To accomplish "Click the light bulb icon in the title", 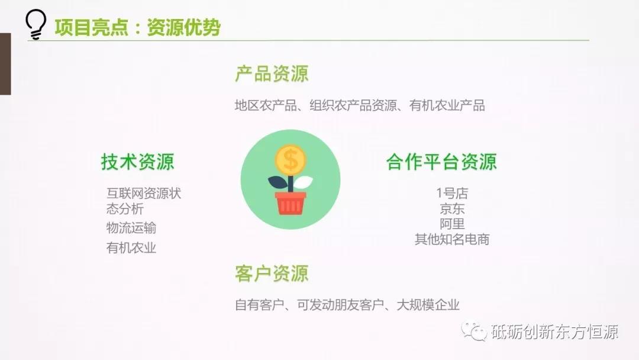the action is [x=35, y=24].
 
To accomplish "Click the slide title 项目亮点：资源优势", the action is [x=138, y=27].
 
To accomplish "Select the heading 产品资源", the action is [x=272, y=74].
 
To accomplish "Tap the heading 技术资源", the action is [x=138, y=162].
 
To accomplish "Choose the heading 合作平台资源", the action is [x=441, y=162].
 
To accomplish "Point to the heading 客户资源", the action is [x=272, y=274].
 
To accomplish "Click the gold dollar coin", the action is [x=291, y=159].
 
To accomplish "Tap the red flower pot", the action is [x=291, y=203].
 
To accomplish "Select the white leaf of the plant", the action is [x=303, y=182].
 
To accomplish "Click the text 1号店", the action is [x=452, y=193].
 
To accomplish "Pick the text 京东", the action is [x=452, y=209].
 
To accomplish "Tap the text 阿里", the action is [x=452, y=224].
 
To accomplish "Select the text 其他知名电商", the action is [x=452, y=239].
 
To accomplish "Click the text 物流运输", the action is [x=131, y=228].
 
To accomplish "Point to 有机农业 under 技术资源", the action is [x=131, y=248].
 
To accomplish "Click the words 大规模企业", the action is [x=428, y=305].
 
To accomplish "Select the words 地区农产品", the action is [x=266, y=105].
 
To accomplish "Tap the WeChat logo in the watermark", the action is [x=474, y=332].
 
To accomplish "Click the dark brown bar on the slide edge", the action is [x=5, y=64].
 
